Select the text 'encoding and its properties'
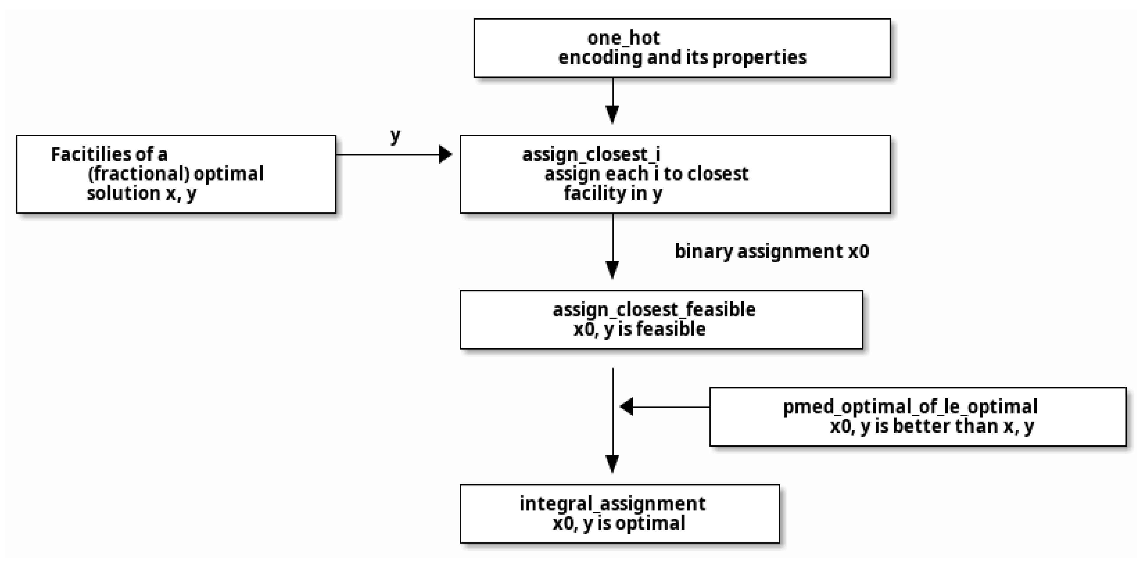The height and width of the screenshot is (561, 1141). pyautogui.click(x=682, y=58)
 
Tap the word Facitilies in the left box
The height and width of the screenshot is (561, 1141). pyautogui.click(x=84, y=155)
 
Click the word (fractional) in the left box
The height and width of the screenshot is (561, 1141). pyautogui.click(x=138, y=174)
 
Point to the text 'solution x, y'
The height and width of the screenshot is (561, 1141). pyautogui.click(x=141, y=193)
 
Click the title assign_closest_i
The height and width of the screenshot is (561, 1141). pyautogui.click(x=591, y=155)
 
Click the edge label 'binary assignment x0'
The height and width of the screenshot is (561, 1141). pyautogui.click(x=772, y=251)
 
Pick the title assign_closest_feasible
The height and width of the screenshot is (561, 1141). pyautogui.click(x=654, y=310)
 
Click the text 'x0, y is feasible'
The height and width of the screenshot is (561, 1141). pyautogui.click(x=639, y=329)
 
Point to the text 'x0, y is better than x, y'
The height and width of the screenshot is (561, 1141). pyautogui.click(x=932, y=426)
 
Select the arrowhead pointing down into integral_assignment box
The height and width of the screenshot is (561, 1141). pyautogui.click(x=612, y=464)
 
